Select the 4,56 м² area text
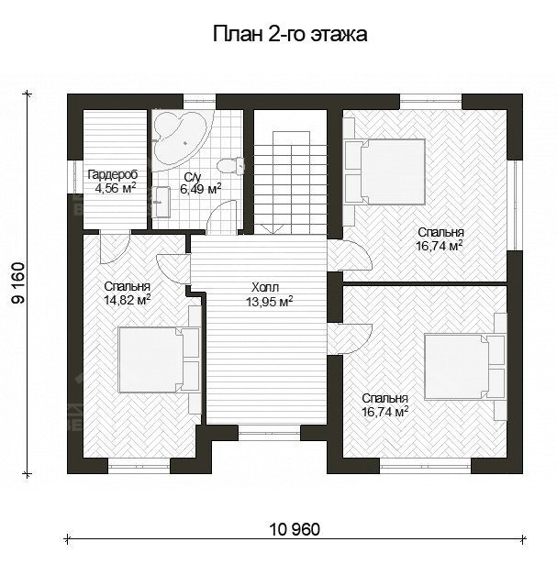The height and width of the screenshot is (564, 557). pyautogui.click(x=116, y=189)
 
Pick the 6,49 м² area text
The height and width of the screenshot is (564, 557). pyautogui.click(x=200, y=190)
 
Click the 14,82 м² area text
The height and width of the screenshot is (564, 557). pyautogui.click(x=128, y=298)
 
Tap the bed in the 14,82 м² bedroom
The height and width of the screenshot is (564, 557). pyautogui.click(x=158, y=358)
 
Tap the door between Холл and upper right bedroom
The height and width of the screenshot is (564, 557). pyautogui.click(x=349, y=254)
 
